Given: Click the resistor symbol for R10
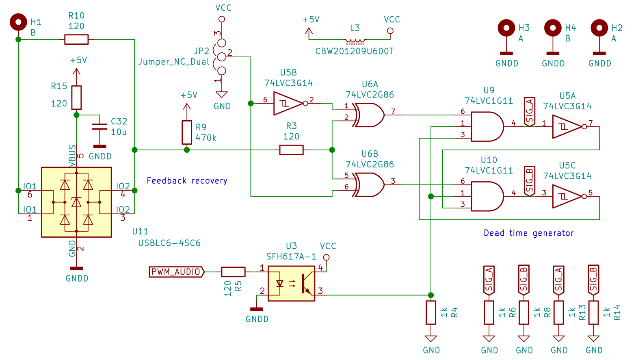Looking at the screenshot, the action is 76,39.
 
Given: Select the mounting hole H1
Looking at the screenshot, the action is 18,22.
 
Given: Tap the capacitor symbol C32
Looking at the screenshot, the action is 100,127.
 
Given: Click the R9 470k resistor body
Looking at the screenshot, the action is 187,132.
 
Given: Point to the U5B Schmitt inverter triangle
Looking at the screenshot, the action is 288,104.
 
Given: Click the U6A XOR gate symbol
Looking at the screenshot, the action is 368,115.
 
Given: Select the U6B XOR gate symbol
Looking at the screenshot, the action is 368,185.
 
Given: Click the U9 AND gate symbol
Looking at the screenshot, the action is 487,127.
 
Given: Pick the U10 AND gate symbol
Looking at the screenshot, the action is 487,196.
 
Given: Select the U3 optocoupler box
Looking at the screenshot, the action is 292,284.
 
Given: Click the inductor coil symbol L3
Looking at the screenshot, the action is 355,41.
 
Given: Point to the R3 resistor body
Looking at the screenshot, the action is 291,150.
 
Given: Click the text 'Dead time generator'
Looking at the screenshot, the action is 529,233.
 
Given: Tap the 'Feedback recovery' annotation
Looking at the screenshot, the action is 187,181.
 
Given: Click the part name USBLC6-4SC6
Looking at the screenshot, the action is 169,243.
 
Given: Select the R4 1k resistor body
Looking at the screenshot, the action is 431,312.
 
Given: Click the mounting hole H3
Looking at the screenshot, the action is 506,28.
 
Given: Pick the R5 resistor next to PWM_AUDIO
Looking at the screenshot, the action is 233,272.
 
